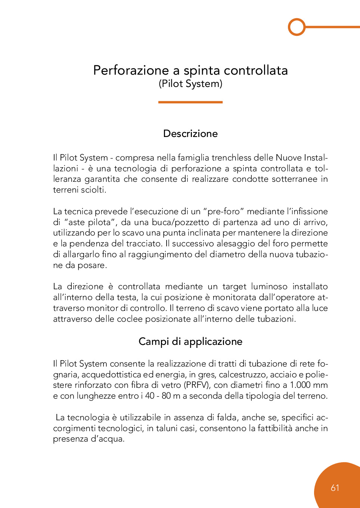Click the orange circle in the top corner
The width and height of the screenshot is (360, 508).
pos(297,27)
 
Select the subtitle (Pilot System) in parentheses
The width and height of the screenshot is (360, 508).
pos(190,84)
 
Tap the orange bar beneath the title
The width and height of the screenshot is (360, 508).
pos(190,102)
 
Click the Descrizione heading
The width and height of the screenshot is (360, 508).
pos(190,134)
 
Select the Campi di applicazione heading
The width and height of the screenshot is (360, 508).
pos(190,342)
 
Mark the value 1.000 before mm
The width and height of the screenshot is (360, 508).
pos(300,385)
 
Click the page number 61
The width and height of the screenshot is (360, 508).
pos(335,488)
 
